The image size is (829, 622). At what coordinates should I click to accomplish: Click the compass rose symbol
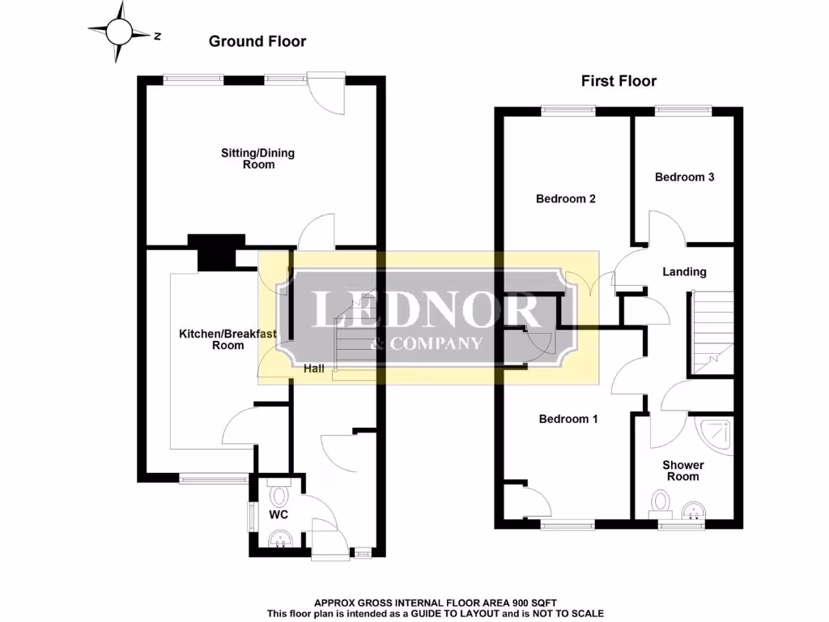click(121, 32)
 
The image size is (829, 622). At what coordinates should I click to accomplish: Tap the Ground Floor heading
click(257, 41)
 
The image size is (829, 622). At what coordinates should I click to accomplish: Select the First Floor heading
click(619, 81)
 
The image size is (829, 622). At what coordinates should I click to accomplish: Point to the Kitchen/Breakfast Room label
click(227, 339)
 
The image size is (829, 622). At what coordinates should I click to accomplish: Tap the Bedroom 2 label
click(566, 198)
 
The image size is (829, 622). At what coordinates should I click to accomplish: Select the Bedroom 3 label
click(684, 177)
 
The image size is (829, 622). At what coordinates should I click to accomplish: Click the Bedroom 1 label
click(568, 419)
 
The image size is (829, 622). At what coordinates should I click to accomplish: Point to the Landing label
click(684, 272)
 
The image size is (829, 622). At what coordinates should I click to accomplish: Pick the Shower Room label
click(682, 471)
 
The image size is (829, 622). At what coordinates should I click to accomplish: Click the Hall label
click(315, 369)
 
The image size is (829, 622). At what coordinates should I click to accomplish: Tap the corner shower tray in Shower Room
click(715, 434)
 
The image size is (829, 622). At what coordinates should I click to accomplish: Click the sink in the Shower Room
click(693, 511)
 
